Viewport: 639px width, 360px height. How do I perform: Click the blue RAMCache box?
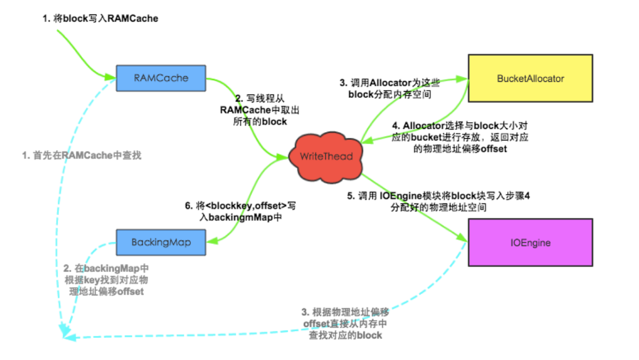tap(160, 79)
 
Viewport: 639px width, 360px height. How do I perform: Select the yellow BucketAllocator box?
tap(531, 78)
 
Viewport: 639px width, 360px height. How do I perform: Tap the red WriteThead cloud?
tap(326, 156)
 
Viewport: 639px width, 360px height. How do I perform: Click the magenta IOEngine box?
tap(531, 242)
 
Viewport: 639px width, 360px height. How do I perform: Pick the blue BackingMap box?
tap(160, 242)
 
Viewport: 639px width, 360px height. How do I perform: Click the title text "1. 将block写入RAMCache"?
tap(101, 19)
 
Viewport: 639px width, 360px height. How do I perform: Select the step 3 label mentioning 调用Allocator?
tap(389, 88)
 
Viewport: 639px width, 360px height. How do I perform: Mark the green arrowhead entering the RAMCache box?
tap(110, 76)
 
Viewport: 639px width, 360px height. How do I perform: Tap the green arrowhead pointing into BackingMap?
tap(211, 241)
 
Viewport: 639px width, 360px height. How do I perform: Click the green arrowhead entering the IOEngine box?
tap(463, 238)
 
